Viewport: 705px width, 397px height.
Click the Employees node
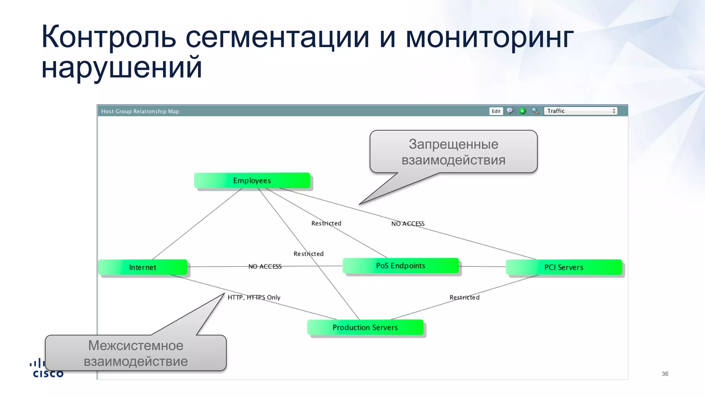252,181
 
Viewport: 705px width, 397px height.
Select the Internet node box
143,267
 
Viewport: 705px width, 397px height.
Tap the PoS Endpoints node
401,266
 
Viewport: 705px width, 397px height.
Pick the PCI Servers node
564,267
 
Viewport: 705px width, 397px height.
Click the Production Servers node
365,327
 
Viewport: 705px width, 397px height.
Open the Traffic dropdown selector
580,111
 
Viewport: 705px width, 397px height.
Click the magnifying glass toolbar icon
535,111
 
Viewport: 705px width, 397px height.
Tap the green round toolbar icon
523,111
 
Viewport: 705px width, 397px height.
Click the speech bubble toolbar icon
510,111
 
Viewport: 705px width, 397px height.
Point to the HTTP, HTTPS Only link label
254,297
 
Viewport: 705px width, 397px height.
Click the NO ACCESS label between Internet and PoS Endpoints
265,266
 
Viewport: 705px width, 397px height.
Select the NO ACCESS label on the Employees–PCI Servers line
408,224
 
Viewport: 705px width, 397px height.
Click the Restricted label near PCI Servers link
464,297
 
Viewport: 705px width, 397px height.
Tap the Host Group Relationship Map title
140,111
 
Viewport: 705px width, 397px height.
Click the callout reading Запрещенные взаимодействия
453,152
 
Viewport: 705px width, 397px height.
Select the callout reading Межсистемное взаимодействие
136,353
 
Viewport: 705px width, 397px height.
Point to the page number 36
665,374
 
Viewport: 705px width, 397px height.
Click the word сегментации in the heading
277,37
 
